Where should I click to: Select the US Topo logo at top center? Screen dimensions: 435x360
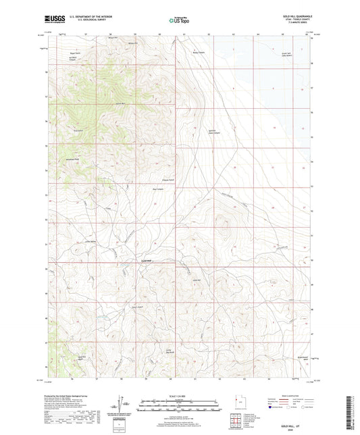177,20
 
